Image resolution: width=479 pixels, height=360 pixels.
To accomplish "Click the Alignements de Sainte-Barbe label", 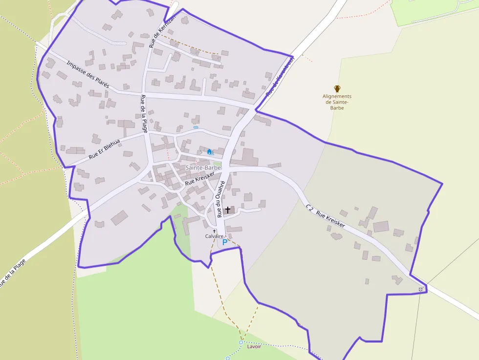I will pyautogui.click(x=337, y=102).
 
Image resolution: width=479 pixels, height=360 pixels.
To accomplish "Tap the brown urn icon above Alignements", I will pyautogui.click(x=337, y=88).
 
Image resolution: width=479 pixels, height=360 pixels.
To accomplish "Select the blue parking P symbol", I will pyautogui.click(x=225, y=242).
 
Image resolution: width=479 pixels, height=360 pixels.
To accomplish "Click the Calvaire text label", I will pyautogui.click(x=214, y=236).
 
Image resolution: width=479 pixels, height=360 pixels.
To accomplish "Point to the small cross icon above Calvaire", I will pyautogui.click(x=214, y=231).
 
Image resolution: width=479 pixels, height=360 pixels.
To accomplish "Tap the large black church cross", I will pyautogui.click(x=228, y=210).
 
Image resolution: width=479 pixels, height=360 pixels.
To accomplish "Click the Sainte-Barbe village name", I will pyautogui.click(x=203, y=168).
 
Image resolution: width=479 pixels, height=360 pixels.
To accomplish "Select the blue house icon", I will pyautogui.click(x=210, y=152).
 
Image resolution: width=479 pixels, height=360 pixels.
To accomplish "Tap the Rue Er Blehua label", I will pyautogui.click(x=104, y=150).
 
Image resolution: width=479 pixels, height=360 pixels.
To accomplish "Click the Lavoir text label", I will pyautogui.click(x=254, y=346).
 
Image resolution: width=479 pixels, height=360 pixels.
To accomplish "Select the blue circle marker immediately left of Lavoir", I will pyautogui.click(x=241, y=342).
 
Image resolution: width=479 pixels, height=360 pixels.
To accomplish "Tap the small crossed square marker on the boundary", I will pyautogui.click(x=421, y=290).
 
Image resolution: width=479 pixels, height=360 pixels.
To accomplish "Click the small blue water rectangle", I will pyautogui.click(x=196, y=127).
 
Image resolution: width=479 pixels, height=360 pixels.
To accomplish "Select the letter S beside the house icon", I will pyautogui.click(x=201, y=151).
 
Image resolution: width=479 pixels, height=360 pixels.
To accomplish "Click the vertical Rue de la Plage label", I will pyautogui.click(x=144, y=113).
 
